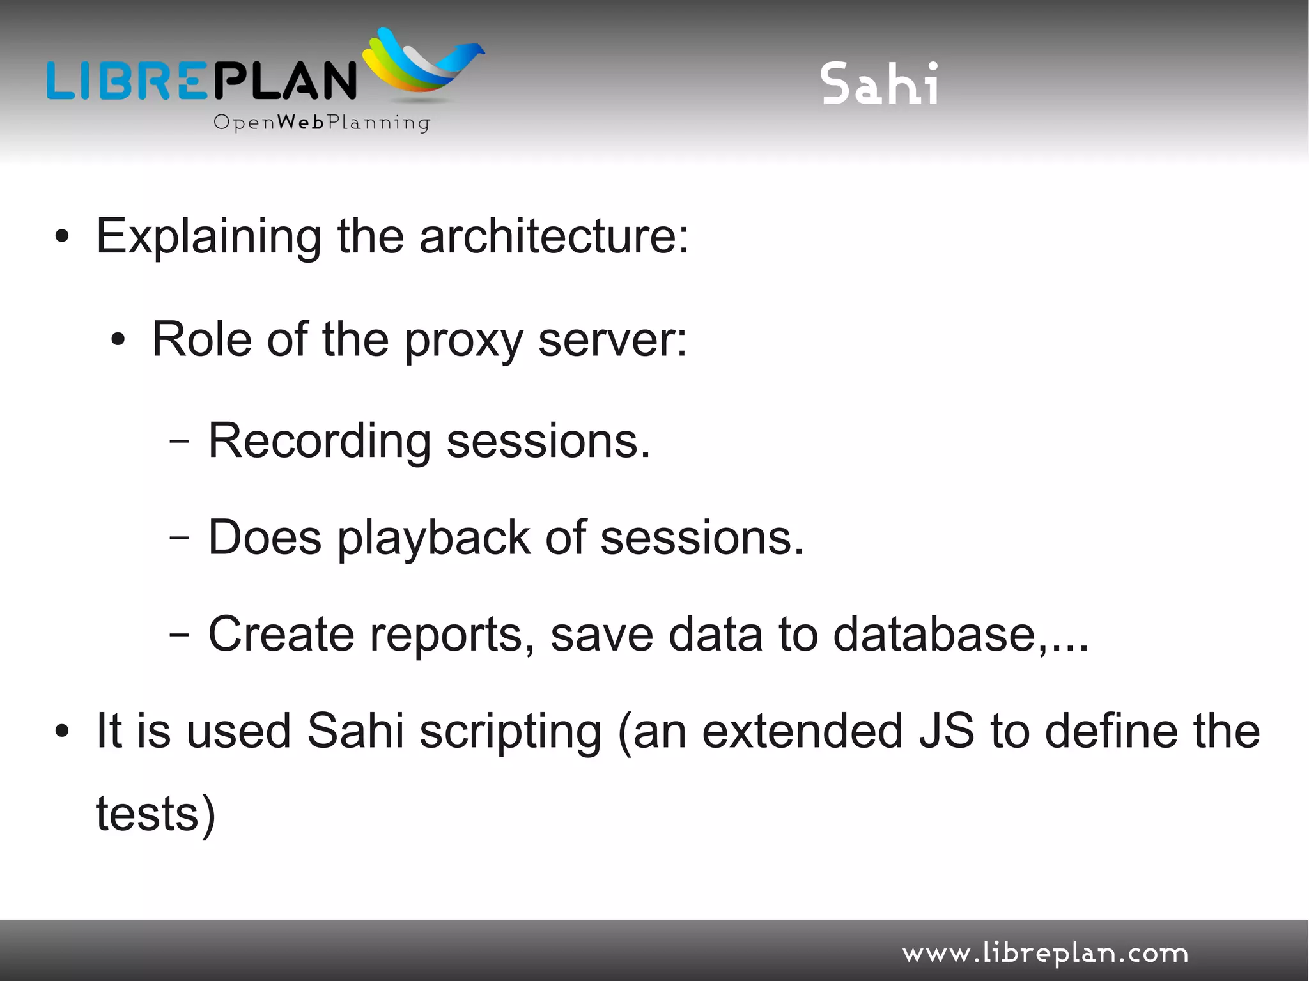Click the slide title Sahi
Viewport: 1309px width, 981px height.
click(x=880, y=84)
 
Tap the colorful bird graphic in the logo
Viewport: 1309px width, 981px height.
click(x=422, y=65)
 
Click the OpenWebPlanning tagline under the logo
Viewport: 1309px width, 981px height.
click(x=321, y=122)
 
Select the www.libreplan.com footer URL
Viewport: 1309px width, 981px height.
click(x=1045, y=954)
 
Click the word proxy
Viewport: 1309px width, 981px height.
click(x=464, y=341)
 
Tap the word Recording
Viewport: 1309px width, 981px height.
click(x=320, y=441)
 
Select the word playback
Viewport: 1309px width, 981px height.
click(x=433, y=539)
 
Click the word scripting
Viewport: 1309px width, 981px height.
click(x=510, y=732)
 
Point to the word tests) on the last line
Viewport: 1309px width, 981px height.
click(x=156, y=815)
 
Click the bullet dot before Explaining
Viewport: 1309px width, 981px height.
click(x=62, y=237)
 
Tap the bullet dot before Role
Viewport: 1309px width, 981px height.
click(x=118, y=341)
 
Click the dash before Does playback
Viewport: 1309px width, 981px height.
click(x=179, y=538)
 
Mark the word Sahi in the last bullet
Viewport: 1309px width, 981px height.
click(x=355, y=731)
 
